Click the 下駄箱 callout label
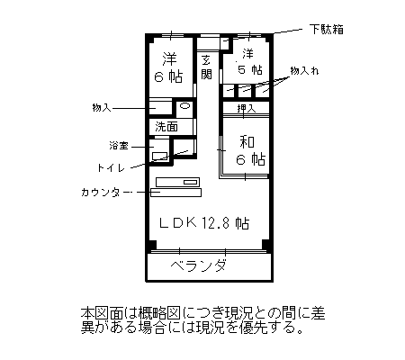327,30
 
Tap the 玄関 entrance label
206,67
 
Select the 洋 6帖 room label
169,67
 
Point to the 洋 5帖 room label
249,62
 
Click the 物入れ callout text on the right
304,71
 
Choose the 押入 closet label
247,108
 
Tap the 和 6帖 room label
251,150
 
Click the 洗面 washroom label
166,127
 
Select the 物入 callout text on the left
102,107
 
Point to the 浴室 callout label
119,146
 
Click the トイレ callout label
111,167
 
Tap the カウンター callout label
104,192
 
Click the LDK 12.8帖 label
204,223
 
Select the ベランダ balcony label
198,265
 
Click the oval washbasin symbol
184,106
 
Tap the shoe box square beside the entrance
224,43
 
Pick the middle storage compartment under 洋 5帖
246,91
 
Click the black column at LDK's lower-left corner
152,244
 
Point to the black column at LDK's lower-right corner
265,244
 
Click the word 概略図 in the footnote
159,313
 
